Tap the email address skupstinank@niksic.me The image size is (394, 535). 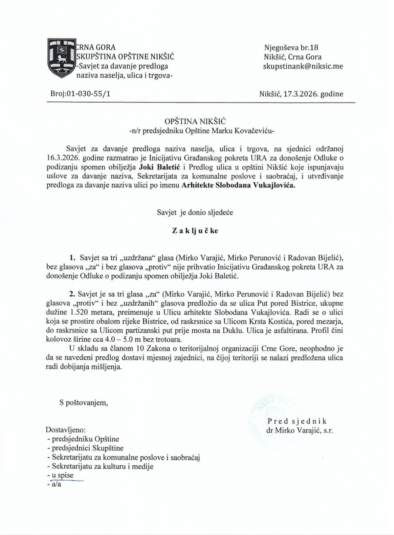click(x=303, y=66)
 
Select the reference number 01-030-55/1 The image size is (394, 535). click(x=88, y=94)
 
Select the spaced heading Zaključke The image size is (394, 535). click(x=195, y=230)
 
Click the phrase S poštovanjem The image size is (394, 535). click(x=84, y=403)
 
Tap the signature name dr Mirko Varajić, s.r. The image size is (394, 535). click(x=300, y=430)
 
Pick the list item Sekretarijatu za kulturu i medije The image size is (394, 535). click(x=103, y=466)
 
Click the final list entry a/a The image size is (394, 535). click(x=56, y=485)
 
